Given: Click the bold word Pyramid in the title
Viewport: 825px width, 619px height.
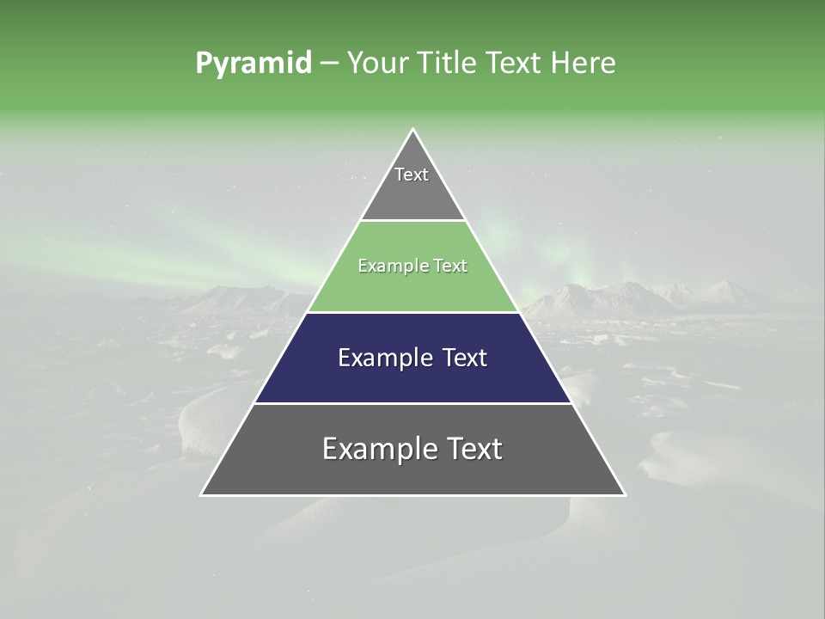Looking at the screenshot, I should [x=254, y=64].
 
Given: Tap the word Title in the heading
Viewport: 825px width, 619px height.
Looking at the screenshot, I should [x=445, y=64].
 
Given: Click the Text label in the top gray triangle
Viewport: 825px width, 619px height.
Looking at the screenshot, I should [x=412, y=175].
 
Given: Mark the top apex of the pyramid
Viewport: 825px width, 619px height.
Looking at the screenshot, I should [x=412, y=130].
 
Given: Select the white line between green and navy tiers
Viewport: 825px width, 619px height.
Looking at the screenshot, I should [x=412, y=312].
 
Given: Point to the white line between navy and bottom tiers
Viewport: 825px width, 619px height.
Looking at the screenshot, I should [x=412, y=403].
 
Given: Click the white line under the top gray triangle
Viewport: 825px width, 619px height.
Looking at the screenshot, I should [x=412, y=221].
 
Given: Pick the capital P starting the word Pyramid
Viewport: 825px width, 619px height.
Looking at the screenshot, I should [x=203, y=64].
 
